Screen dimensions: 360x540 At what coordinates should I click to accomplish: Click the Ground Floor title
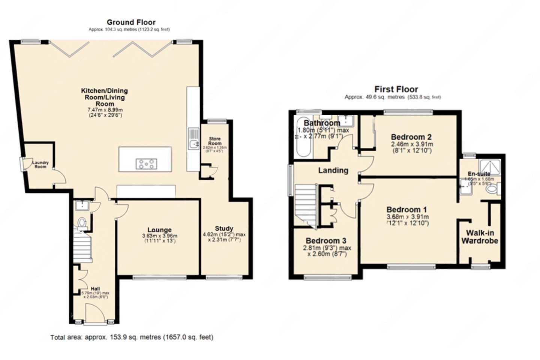(131, 22)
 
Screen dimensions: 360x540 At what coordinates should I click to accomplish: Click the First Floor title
(396, 89)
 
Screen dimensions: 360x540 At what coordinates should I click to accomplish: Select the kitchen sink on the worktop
(193, 138)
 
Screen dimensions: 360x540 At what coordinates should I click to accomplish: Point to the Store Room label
(215, 141)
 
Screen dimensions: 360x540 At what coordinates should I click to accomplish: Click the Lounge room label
(159, 230)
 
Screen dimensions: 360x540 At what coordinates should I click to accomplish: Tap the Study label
(224, 228)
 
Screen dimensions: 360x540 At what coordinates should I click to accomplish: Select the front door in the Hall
(94, 313)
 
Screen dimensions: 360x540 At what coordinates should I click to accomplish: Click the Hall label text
(90, 288)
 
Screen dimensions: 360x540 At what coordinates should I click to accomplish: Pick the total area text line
(132, 337)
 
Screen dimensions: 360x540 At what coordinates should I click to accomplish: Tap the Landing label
(333, 170)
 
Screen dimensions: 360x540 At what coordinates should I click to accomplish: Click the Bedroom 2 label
(411, 137)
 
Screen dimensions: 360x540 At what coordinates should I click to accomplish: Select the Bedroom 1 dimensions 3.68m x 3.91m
(407, 217)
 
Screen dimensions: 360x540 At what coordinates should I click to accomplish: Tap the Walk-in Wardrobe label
(480, 237)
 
